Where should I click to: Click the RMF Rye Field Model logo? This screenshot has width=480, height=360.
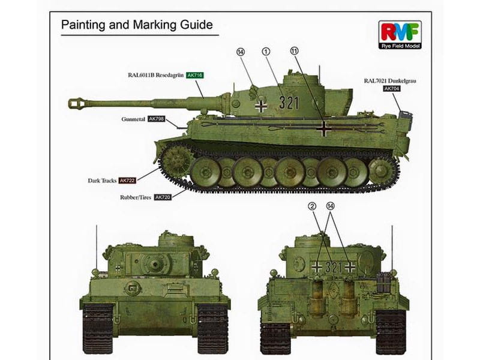click(x=400, y=35)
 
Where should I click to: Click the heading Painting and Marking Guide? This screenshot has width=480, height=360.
click(x=137, y=25)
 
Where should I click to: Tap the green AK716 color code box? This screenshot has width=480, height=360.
click(x=194, y=75)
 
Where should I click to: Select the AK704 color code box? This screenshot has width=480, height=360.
click(x=392, y=89)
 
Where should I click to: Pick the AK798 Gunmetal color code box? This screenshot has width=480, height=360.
click(x=156, y=119)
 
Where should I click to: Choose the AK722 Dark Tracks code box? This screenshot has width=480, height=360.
click(x=127, y=181)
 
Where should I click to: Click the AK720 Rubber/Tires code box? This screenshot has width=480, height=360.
click(x=163, y=197)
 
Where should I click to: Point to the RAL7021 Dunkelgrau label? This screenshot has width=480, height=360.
click(x=390, y=81)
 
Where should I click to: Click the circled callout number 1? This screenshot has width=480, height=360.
click(x=266, y=52)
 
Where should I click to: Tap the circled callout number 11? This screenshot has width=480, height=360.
click(x=294, y=51)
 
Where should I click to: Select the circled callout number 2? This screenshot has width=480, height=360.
click(x=312, y=206)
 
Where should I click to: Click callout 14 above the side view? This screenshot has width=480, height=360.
click(x=241, y=52)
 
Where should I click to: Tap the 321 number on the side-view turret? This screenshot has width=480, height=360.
click(x=289, y=102)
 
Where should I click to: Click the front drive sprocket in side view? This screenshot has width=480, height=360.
click(x=175, y=160)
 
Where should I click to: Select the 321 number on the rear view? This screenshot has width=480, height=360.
click(x=334, y=267)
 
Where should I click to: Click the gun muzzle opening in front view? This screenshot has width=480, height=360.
click(x=155, y=263)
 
